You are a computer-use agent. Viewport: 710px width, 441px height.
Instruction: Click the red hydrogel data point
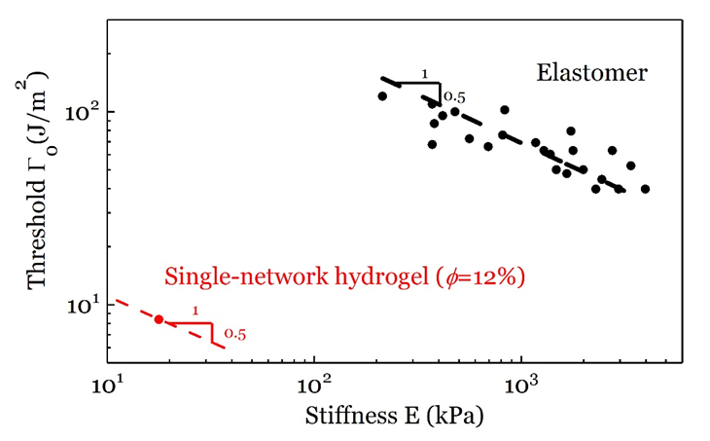[x=159, y=319]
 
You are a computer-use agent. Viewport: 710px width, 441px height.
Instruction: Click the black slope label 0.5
[x=454, y=96]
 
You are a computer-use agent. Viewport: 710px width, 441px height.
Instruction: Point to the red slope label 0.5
[x=234, y=334]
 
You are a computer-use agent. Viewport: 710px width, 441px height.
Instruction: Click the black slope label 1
[x=425, y=73]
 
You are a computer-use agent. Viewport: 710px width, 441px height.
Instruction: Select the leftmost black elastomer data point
[x=382, y=96]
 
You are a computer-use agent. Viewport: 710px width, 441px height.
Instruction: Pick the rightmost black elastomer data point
[x=645, y=189]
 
